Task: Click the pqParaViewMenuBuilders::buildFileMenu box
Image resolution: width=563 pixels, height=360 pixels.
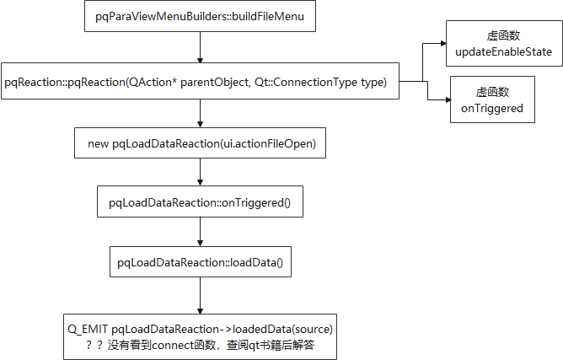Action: click(x=200, y=16)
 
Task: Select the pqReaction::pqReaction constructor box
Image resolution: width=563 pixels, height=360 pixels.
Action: click(x=200, y=82)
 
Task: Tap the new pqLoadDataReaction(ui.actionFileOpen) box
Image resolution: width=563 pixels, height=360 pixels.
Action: click(x=200, y=144)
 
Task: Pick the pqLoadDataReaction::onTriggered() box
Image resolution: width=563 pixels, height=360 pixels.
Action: click(x=200, y=203)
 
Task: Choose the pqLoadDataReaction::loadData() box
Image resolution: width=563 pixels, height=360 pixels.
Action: click(x=200, y=263)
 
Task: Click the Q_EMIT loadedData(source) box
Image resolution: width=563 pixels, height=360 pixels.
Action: click(x=200, y=335)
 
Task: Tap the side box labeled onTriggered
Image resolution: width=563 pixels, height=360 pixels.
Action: click(x=492, y=99)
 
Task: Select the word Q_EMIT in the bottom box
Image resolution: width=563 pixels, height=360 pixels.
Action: click(x=87, y=327)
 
